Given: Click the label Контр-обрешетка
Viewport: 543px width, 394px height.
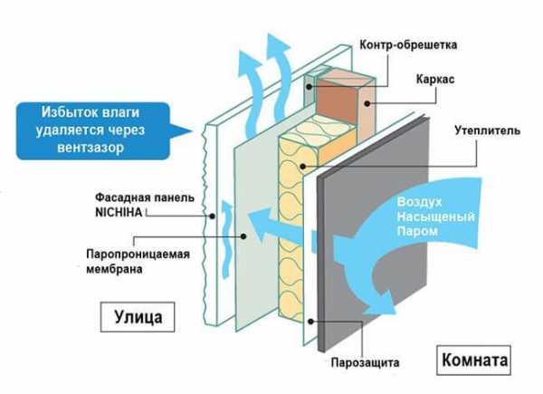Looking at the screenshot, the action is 408,45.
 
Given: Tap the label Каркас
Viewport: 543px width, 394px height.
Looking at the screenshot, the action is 435,80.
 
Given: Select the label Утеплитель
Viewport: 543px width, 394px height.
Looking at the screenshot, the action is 487,130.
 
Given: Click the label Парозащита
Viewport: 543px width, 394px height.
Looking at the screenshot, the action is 366,363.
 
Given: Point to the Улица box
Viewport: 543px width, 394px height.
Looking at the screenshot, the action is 138,317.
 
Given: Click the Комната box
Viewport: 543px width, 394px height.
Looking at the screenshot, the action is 473,360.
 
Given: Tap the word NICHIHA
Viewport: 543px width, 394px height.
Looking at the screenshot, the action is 119,212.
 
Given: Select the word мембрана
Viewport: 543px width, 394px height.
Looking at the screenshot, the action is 114,269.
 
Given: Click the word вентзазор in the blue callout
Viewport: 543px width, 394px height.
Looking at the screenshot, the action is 90,148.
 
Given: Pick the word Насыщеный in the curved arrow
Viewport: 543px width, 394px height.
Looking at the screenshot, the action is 435,216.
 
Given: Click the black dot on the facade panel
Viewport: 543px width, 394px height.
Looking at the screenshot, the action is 213,216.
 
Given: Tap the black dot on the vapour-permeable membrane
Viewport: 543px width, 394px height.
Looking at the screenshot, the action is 243,236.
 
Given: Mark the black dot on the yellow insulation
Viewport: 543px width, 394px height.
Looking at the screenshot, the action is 302,167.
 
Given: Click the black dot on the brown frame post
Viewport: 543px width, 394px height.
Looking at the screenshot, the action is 367,103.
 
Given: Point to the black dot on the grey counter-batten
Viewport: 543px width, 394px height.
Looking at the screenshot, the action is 310,87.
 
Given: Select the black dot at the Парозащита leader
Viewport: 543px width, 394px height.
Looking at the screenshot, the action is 310,322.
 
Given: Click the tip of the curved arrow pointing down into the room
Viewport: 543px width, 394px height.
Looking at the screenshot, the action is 395,313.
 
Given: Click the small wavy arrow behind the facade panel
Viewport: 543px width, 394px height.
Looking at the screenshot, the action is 226,239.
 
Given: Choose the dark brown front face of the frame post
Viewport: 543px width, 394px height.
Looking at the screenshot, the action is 336,101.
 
